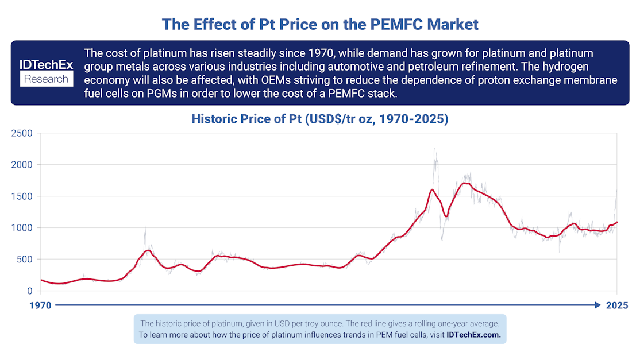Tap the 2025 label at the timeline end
point(618,305)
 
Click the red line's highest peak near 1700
point(466,183)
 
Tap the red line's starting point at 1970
point(41,280)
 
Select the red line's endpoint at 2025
point(617,222)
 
